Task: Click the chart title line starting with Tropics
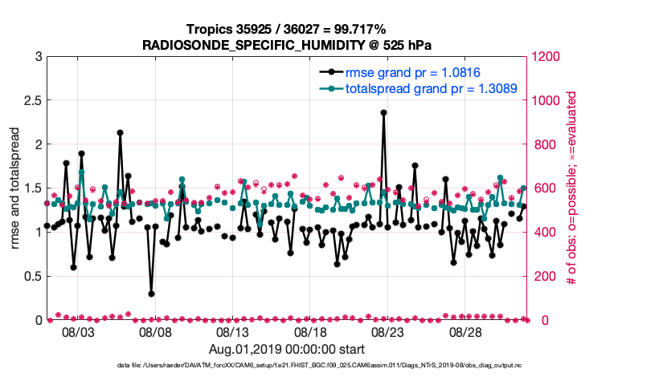[286, 30]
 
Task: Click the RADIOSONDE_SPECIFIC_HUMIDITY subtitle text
[286, 45]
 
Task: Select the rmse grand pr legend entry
[412, 73]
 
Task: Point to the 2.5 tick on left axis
[31, 100]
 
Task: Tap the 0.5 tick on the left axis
[31, 276]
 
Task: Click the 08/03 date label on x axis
[78, 332]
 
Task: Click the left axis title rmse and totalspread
[15, 188]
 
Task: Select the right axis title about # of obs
[571, 188]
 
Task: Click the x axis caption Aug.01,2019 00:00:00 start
[286, 350]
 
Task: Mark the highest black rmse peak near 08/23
[384, 113]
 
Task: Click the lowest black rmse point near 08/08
[152, 294]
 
